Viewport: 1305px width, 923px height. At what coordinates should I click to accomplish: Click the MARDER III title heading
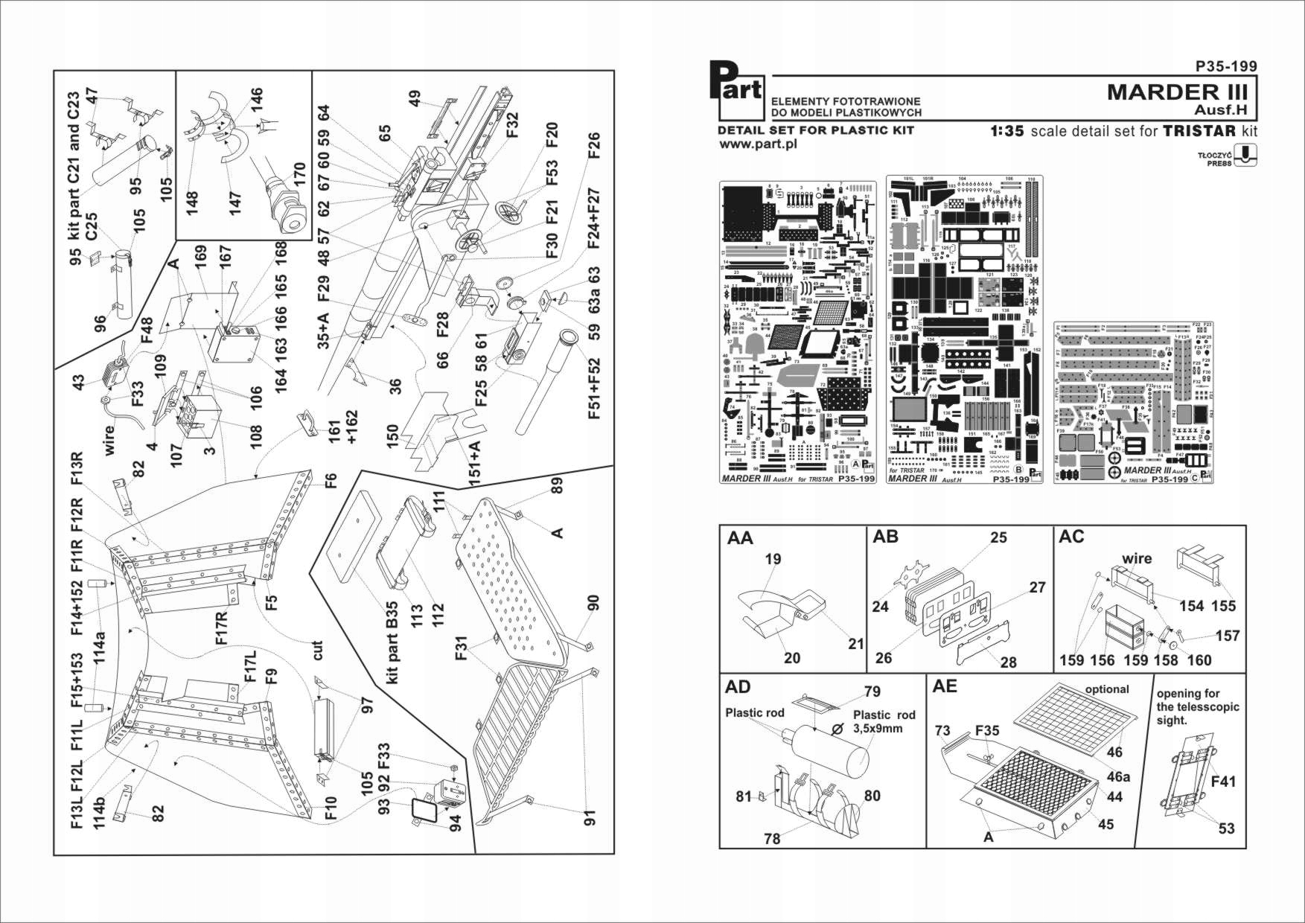[x=1176, y=92]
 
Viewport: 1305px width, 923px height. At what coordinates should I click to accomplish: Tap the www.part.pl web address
[x=758, y=144]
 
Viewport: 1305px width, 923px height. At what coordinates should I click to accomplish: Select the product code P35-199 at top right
[x=1225, y=66]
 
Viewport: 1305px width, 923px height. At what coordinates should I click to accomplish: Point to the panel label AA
[x=740, y=537]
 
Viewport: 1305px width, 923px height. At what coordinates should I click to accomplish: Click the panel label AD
[x=738, y=687]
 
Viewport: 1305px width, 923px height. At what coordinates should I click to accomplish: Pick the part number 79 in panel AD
[x=872, y=692]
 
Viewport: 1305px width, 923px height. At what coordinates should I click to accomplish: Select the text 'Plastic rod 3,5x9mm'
[x=884, y=721]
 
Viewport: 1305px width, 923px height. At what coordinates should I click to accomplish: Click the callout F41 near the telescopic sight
[x=1224, y=781]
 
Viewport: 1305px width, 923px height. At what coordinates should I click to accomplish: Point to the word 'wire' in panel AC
[x=1137, y=558]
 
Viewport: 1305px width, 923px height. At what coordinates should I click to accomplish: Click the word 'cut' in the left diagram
[x=318, y=651]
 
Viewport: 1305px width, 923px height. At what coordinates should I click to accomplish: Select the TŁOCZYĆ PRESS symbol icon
[x=1245, y=155]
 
